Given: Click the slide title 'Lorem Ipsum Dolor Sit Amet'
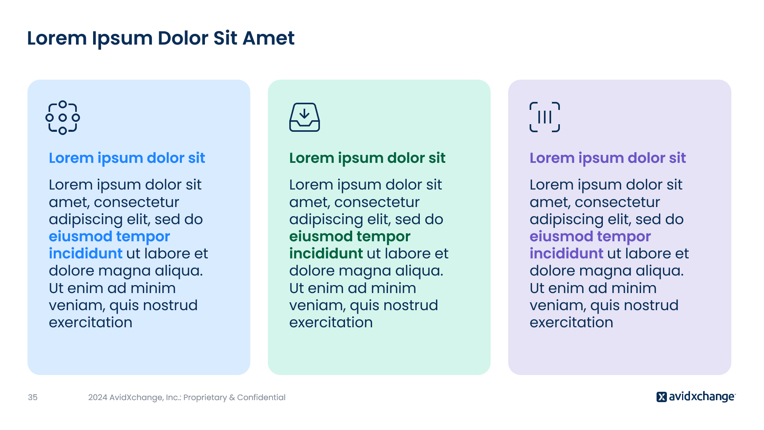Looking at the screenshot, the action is pyautogui.click(x=161, y=39).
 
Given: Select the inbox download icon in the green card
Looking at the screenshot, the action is pyautogui.click(x=304, y=117).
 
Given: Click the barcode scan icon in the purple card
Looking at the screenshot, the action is pyautogui.click(x=545, y=117).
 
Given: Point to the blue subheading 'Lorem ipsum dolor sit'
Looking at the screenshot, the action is pyautogui.click(x=127, y=158).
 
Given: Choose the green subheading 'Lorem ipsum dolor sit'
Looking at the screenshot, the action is pyautogui.click(x=367, y=158).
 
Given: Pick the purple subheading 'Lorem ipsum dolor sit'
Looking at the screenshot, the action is pyautogui.click(x=608, y=158).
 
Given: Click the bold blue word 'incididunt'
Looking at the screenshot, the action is pyautogui.click(x=86, y=254).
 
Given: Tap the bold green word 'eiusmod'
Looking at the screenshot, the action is pyautogui.click(x=321, y=236).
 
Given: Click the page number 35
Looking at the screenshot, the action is pyautogui.click(x=33, y=397).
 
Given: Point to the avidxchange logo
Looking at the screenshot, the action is pyautogui.click(x=696, y=397).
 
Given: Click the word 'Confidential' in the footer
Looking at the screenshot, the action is pyautogui.click(x=261, y=397).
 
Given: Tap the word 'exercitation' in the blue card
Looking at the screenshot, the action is pyautogui.click(x=91, y=322).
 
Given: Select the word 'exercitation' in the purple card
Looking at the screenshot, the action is pyautogui.click(x=571, y=322).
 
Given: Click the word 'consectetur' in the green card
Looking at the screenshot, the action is pyautogui.click(x=377, y=202).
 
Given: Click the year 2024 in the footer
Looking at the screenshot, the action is pyautogui.click(x=97, y=397).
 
